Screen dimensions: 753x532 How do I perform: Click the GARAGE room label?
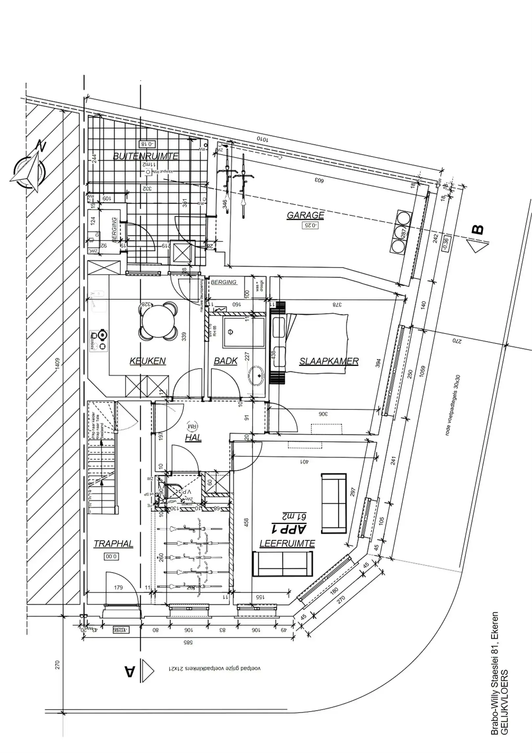tap(305, 215)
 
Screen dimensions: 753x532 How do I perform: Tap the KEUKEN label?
tap(147, 361)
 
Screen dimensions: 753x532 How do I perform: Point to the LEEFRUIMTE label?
tap(287, 543)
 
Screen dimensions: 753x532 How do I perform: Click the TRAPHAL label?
tap(113, 544)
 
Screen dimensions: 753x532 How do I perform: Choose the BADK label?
tap(225, 361)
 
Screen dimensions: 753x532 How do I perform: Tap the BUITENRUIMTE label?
tap(145, 156)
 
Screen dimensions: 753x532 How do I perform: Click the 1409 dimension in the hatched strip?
tap(57, 364)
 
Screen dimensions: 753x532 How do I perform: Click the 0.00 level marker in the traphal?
tap(111, 557)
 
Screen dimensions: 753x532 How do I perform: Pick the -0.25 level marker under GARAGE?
tap(310, 225)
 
